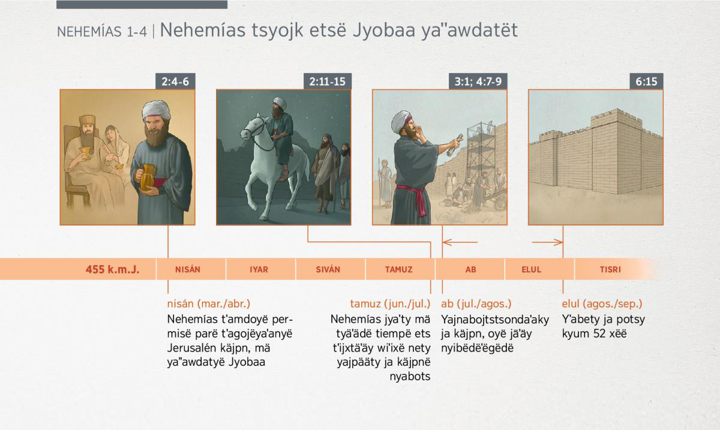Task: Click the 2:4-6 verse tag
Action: click(175, 82)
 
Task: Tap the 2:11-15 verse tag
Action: click(328, 82)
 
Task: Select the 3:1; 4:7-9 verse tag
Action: click(478, 82)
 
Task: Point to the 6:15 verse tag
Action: click(646, 82)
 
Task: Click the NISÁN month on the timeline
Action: click(188, 269)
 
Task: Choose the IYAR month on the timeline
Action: click(259, 269)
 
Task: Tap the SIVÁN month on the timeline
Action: click(328, 269)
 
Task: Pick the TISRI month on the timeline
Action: click(610, 269)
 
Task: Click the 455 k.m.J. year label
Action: click(113, 269)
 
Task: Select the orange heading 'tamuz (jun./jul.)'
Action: click(390, 303)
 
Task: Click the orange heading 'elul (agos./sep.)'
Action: click(602, 303)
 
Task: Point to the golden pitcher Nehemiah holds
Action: click(146, 177)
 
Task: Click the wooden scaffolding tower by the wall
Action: click(481, 154)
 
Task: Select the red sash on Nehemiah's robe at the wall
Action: click(415, 197)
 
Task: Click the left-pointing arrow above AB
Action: click(460, 242)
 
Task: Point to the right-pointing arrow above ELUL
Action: click(547, 242)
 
